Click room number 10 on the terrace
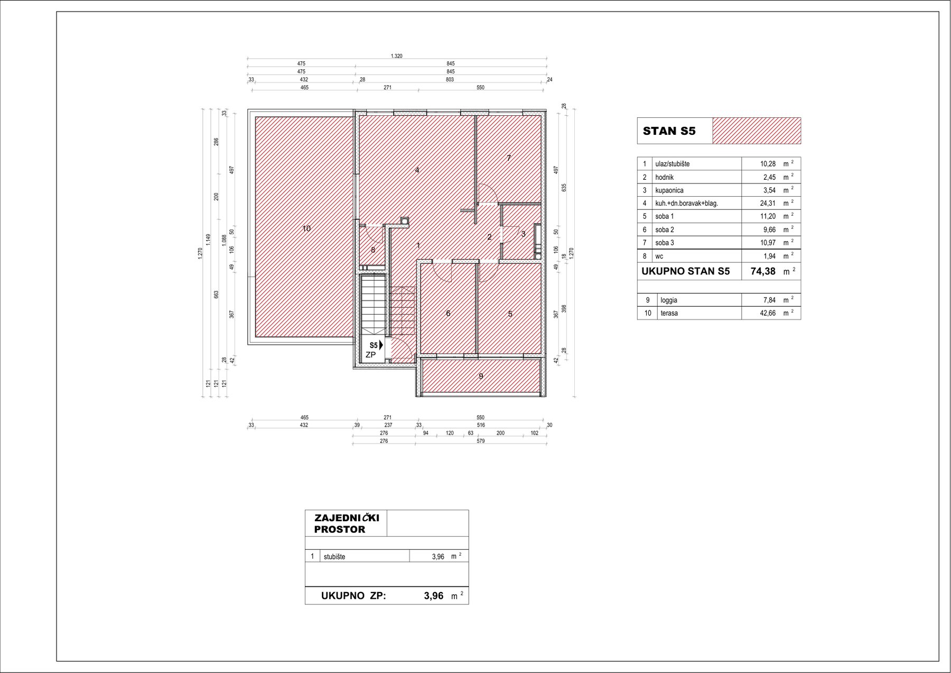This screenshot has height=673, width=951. click(x=306, y=228)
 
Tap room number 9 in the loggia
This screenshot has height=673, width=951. click(x=481, y=376)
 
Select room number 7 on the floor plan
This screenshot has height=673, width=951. click(x=509, y=158)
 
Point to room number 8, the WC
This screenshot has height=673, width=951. click(x=373, y=250)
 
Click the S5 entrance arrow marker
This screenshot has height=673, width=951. click(x=381, y=345)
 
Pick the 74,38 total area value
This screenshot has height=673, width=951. click(x=763, y=272)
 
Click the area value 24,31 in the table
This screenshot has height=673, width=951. click(x=768, y=203)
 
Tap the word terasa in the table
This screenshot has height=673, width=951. click(x=669, y=313)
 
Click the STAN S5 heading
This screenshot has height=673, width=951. click(x=669, y=131)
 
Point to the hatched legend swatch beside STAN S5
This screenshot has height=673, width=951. click(x=757, y=131)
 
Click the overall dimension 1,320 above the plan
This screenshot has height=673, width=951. click(x=396, y=56)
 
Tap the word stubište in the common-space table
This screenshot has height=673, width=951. click(x=334, y=557)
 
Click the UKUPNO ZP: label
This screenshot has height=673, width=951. click(x=353, y=596)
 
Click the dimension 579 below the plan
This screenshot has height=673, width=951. click(x=480, y=441)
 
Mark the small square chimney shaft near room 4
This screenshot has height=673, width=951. click(x=405, y=221)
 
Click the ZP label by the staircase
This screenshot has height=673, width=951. click(x=371, y=355)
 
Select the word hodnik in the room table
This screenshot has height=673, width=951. click(x=665, y=177)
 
